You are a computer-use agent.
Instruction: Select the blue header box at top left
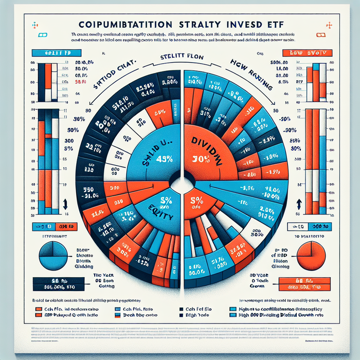(x=51, y=53)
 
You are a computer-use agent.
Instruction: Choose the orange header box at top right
(x=307, y=53)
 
